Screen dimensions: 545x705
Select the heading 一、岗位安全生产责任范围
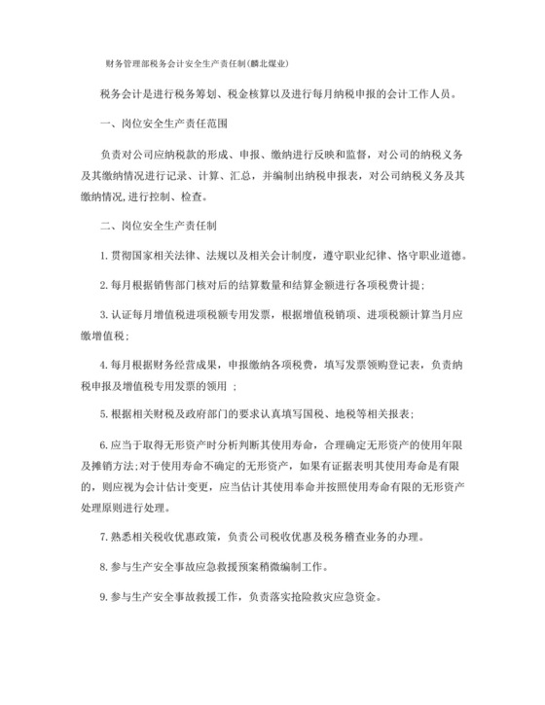pyautogui.click(x=155, y=123)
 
